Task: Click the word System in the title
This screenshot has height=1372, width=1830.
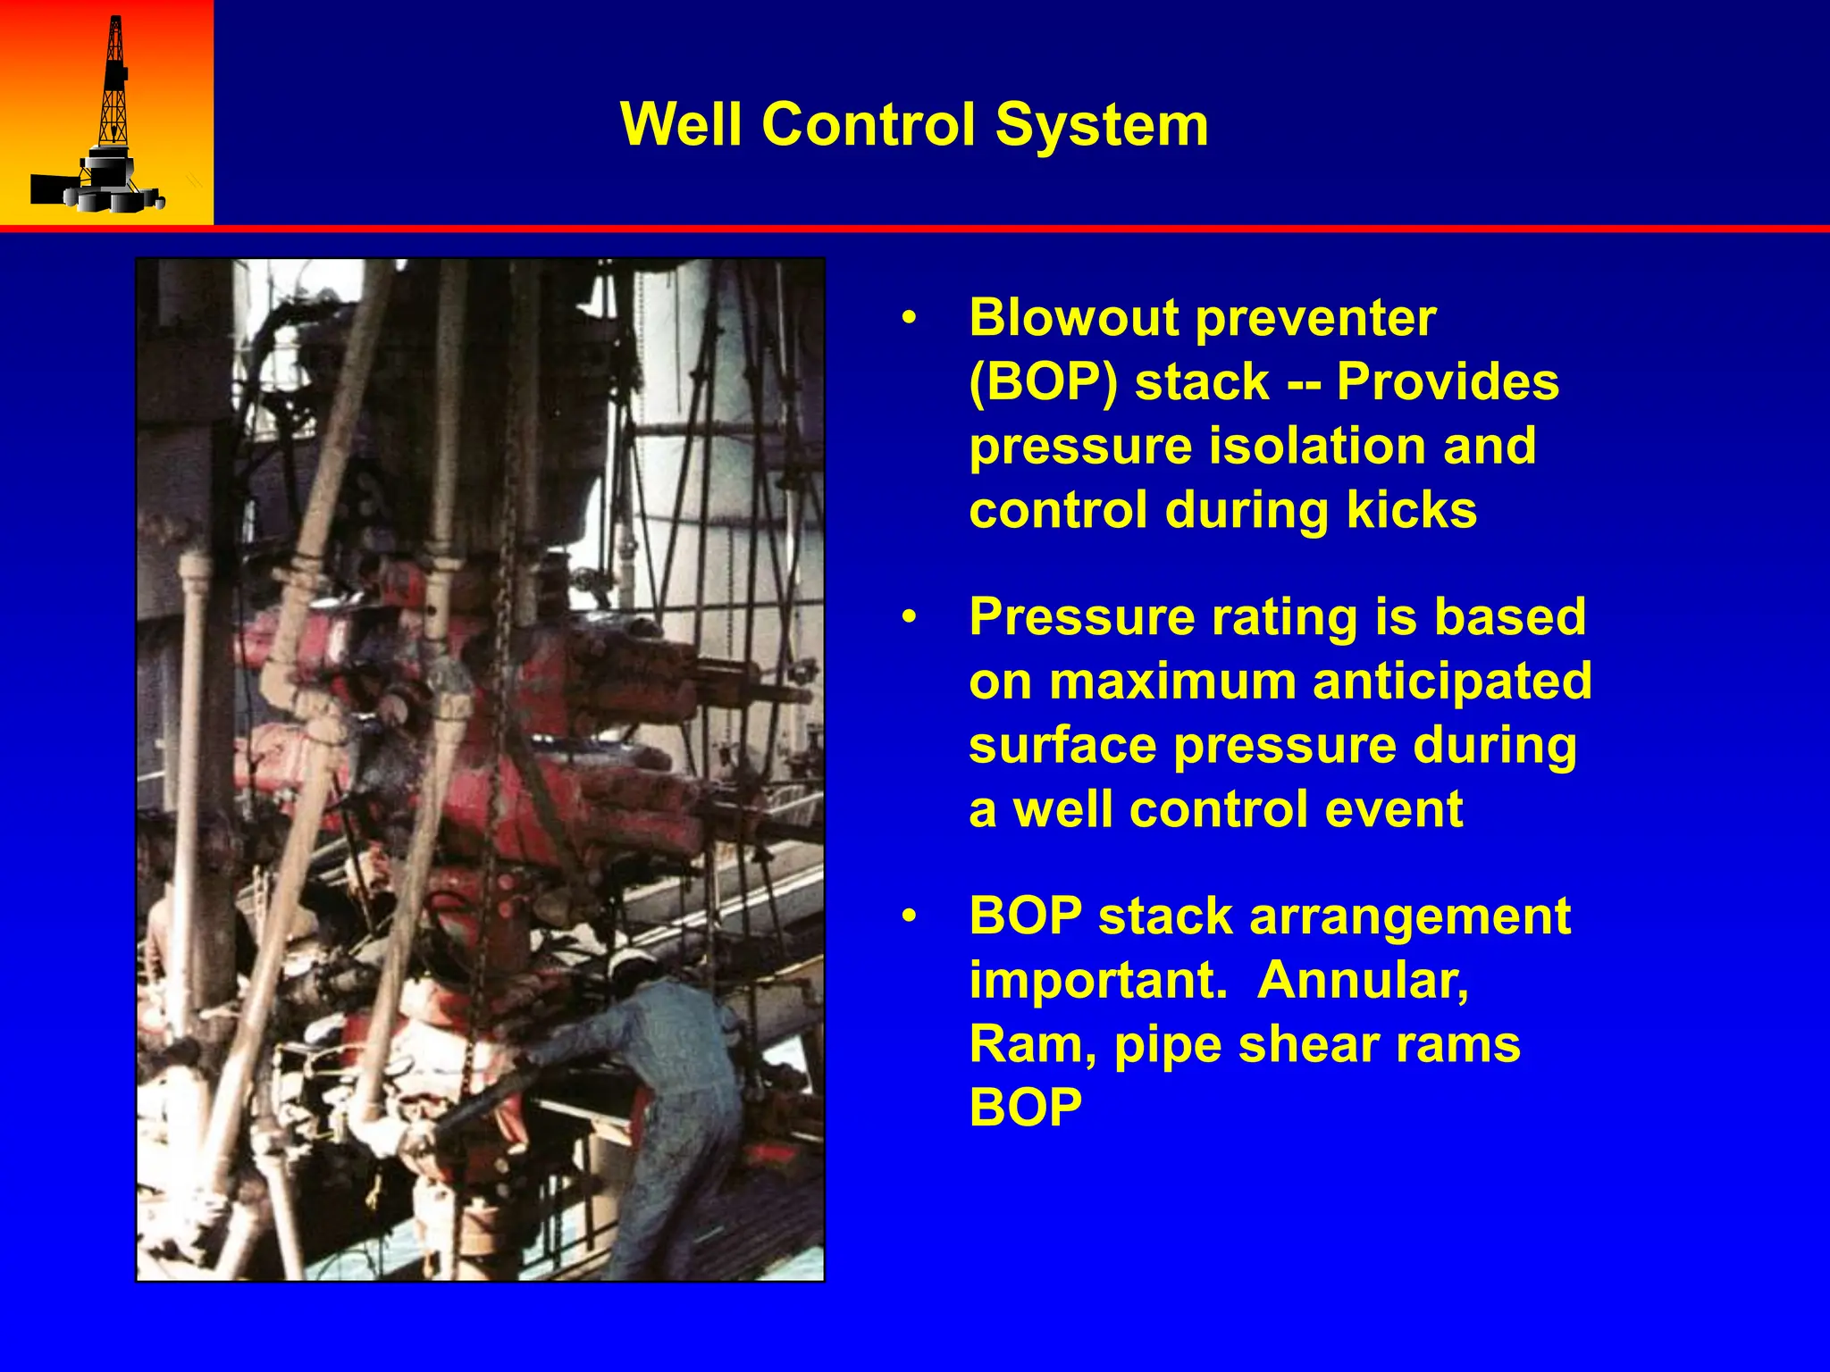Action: pos(1101,124)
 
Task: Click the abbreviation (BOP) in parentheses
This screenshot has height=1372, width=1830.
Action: pos(1043,382)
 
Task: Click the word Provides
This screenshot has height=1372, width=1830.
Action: pos(1448,382)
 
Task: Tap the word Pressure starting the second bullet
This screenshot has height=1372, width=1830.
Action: pos(1081,617)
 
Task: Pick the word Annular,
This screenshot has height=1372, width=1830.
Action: pos(1363,981)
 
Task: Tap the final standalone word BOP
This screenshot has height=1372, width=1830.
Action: pos(1025,1108)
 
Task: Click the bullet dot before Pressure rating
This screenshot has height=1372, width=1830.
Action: pos(909,617)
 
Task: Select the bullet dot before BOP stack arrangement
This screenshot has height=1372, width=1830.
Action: pos(909,917)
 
